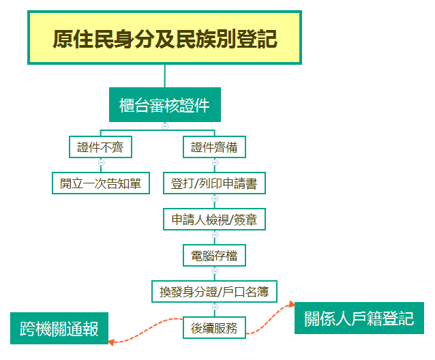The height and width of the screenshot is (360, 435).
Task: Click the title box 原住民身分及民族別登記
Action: coord(164,37)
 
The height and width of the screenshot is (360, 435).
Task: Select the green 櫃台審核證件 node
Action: coord(165,104)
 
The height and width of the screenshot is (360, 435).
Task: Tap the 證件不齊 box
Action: coord(100,147)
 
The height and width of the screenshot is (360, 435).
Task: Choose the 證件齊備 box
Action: coord(214,147)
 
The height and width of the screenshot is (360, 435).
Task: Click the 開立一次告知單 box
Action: coord(101,183)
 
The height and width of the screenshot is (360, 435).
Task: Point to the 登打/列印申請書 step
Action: coord(214,183)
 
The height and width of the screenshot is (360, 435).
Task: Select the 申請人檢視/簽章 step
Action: coord(214,220)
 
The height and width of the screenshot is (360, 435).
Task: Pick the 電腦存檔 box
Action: coord(214,256)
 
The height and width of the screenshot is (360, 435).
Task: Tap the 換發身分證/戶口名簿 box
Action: coord(214,292)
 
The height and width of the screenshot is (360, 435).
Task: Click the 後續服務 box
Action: coord(214,328)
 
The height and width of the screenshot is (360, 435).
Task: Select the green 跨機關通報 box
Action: coord(59,329)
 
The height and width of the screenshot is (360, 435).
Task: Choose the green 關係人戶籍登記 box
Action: coord(359,318)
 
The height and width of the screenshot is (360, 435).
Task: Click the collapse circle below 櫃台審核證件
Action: coord(165,126)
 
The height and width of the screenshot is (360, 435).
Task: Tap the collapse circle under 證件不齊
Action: coord(102,162)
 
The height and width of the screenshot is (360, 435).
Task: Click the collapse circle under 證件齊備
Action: coord(215,162)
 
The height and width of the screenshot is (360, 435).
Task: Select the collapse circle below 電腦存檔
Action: coord(215,271)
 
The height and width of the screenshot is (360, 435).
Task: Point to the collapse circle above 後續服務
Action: coord(215,307)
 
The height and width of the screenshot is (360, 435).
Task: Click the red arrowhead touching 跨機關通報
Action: coord(110,342)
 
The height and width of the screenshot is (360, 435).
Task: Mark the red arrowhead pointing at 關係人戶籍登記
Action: coord(292,304)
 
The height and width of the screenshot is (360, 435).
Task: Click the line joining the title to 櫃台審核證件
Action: coord(165,76)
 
